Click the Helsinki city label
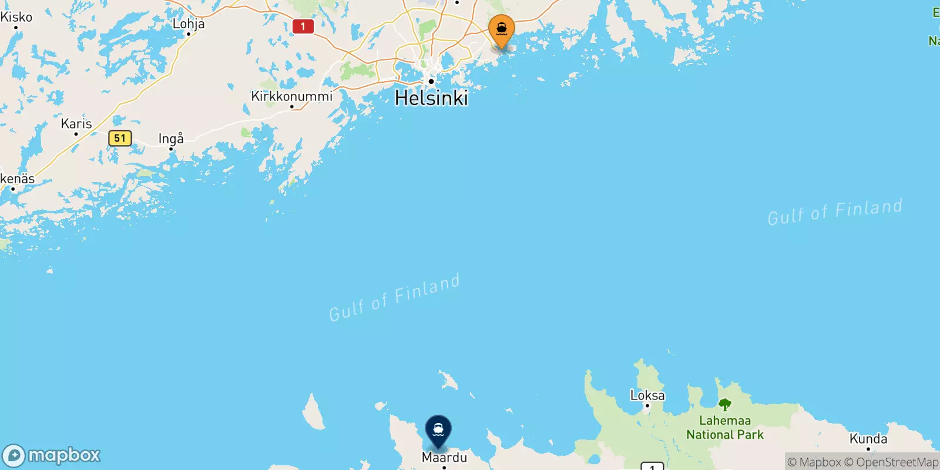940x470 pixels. pos(431,98)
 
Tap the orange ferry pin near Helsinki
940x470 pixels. pos(501,30)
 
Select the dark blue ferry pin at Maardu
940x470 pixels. pos(438,431)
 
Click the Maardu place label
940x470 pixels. pos(444,457)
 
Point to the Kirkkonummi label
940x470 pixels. pos(291,96)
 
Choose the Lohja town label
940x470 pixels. pos(188,23)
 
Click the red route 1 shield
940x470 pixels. pos(303,26)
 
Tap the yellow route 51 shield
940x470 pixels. pos(120,138)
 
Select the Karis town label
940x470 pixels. pos(76,123)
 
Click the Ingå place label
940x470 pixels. pos(171,139)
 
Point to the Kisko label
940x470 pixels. pos(16,17)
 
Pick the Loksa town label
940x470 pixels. pos(647,395)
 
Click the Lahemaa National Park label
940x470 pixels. pos(725,428)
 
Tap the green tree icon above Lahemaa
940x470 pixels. pos(725,405)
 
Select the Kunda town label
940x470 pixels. pos(868,439)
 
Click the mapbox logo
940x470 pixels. pos(52,455)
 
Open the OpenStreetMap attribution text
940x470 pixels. pos(891,462)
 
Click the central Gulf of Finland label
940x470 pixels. pos(394,298)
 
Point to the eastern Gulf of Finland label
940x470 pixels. pos(835,212)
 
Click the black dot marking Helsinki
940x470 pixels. pos(431,82)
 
